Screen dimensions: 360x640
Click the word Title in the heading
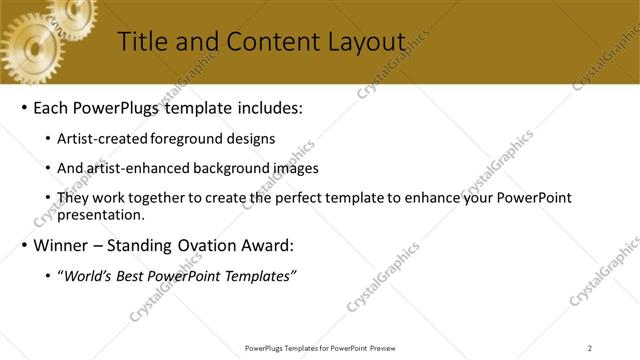pyautogui.click(x=143, y=42)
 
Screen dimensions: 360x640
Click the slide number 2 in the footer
pyautogui.click(x=590, y=348)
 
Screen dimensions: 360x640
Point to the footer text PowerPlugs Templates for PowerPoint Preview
pyautogui.click(x=319, y=348)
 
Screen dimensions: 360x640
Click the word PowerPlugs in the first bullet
pyautogui.click(x=119, y=107)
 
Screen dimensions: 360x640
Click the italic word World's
pyautogui.click(x=86, y=276)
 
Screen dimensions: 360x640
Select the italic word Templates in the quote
pyautogui.click(x=260, y=276)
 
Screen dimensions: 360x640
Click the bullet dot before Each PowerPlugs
pyautogui.click(x=23, y=108)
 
